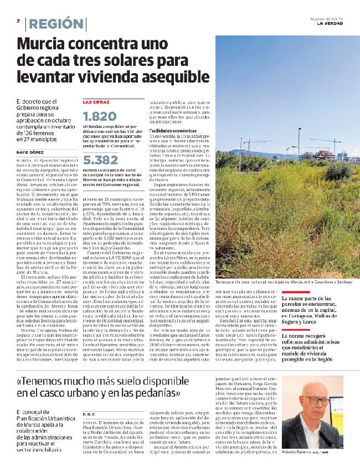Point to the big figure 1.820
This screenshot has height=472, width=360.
[x=99, y=117]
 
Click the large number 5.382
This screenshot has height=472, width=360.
[x=100, y=161]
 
